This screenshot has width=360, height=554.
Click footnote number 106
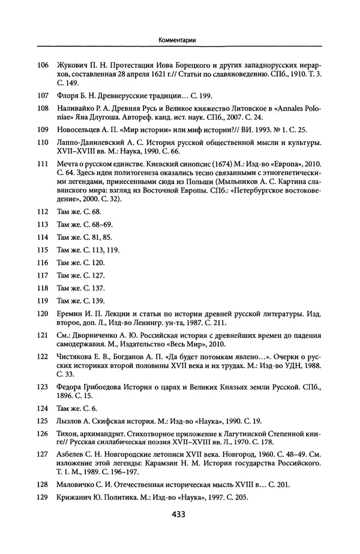pyautogui.click(x=42, y=65)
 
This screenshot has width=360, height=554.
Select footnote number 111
pyautogui.click(x=42, y=163)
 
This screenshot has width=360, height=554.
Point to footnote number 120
pyautogui.click(x=42, y=314)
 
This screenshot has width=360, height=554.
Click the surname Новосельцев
pyautogui.click(x=81, y=129)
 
